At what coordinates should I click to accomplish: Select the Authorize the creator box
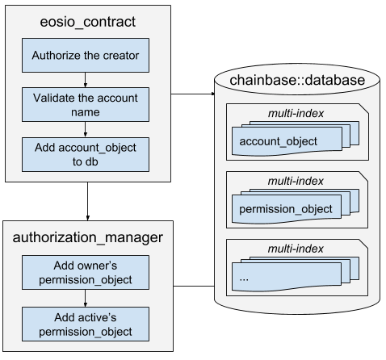(86, 56)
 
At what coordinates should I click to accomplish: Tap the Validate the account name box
(86, 105)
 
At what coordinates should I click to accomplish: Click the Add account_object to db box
(86, 154)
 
